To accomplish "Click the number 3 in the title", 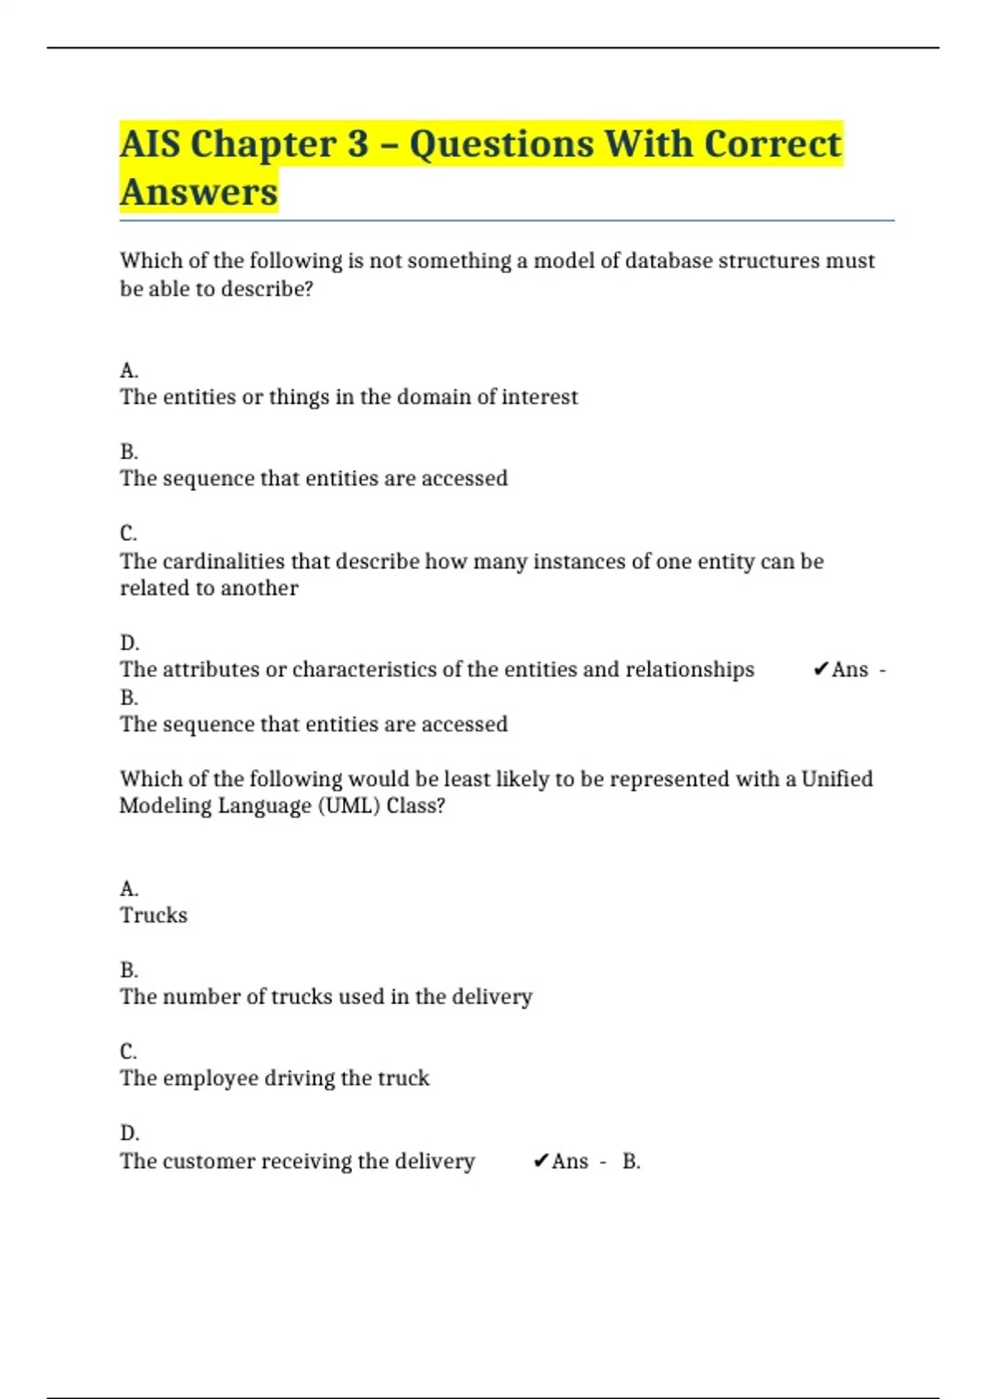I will pyautogui.click(x=358, y=144).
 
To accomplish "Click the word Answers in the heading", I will pyautogui.click(x=199, y=192).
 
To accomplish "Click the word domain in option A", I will pyautogui.click(x=433, y=397).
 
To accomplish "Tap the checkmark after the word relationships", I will pyautogui.click(x=820, y=670).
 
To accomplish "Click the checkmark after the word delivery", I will pyautogui.click(x=540, y=1161).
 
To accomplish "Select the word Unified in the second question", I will pyautogui.click(x=836, y=779).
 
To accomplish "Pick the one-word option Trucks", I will pyautogui.click(x=154, y=915).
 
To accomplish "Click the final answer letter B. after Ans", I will pyautogui.click(x=631, y=1161).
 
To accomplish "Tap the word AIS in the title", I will pyautogui.click(x=150, y=144).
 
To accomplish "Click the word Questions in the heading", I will pyautogui.click(x=502, y=144).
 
